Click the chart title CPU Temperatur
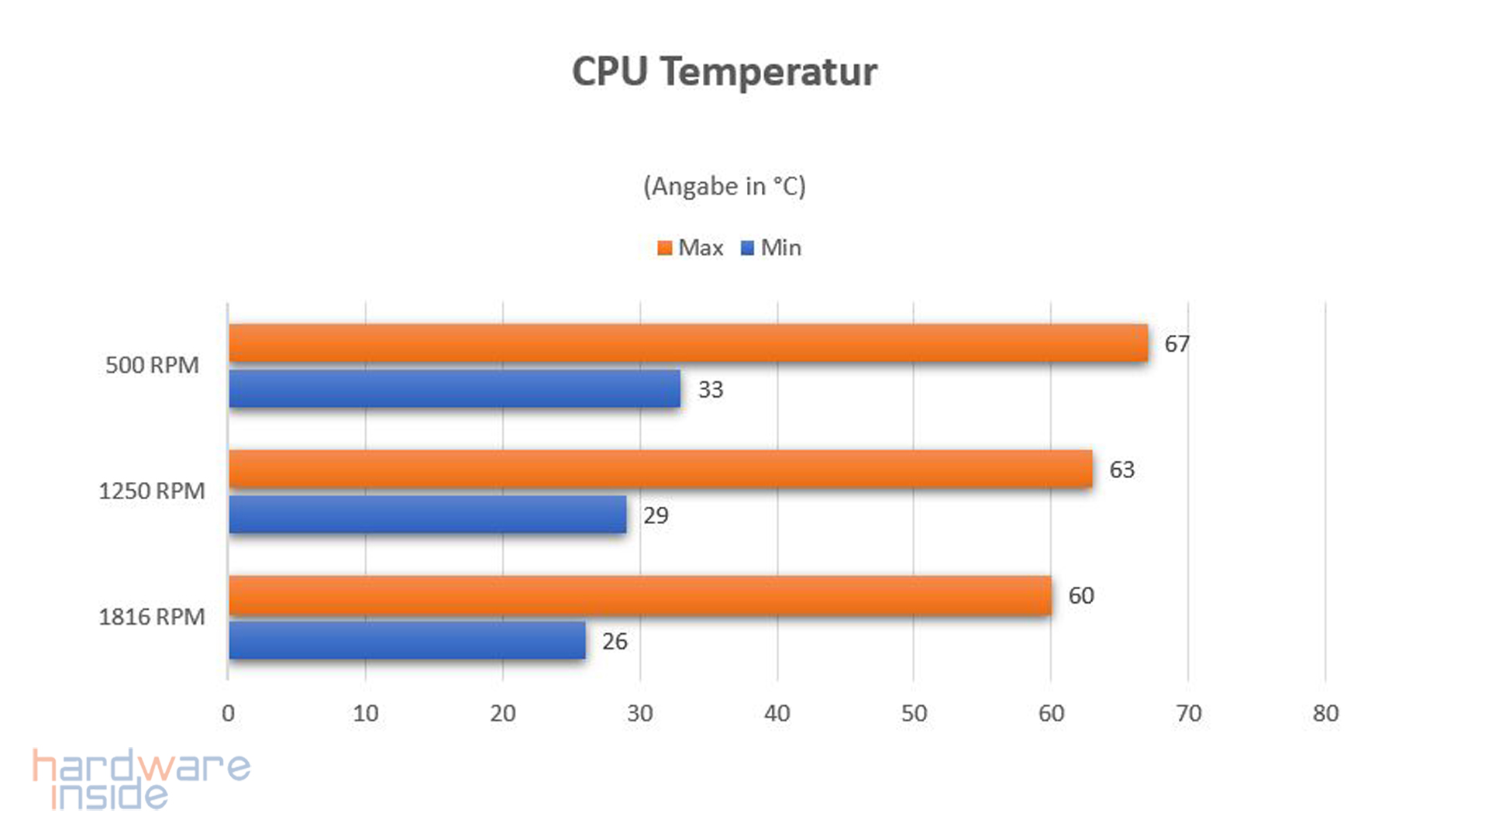[724, 72]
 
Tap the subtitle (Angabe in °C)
[724, 187]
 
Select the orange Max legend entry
[691, 248]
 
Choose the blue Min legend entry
[771, 248]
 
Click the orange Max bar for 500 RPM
[688, 343]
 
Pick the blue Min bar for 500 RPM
[455, 388]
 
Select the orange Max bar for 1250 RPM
[660, 469]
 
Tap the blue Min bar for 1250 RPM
[428, 515]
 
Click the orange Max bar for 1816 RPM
[640, 595]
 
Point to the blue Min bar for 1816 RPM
[407, 640]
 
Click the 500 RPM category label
[152, 365]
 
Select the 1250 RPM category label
[152, 491]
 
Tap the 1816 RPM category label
[152, 617]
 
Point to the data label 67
[1176, 344]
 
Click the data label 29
[656, 515]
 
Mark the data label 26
[615, 642]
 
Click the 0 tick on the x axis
[228, 713]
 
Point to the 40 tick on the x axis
[777, 713]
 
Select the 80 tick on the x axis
[1325, 713]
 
